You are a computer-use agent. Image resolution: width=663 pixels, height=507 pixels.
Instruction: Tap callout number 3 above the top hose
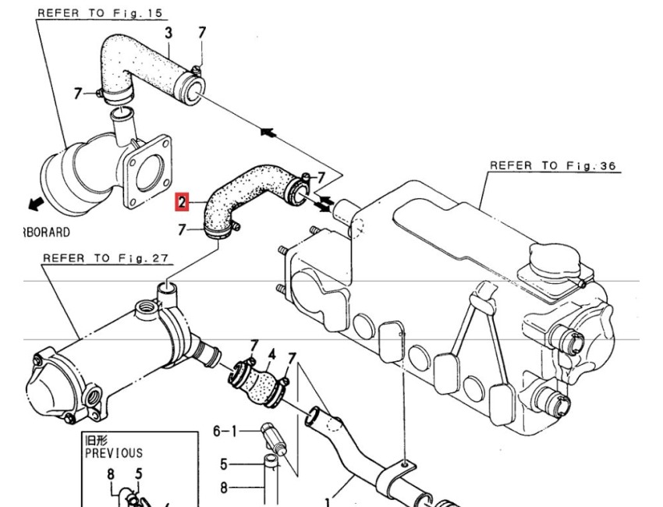tap(168, 33)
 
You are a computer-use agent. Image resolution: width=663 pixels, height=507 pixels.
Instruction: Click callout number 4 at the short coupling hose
tap(271, 355)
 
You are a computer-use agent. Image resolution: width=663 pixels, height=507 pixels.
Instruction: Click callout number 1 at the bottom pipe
tap(328, 502)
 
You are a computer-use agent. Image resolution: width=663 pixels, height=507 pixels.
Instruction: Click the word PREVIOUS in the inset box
tap(114, 452)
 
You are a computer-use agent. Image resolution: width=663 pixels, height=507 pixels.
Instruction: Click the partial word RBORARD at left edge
tap(44, 232)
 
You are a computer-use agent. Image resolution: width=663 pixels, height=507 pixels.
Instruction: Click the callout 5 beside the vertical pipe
tap(224, 465)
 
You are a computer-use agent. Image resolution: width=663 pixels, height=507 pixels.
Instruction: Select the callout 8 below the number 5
tap(224, 488)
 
